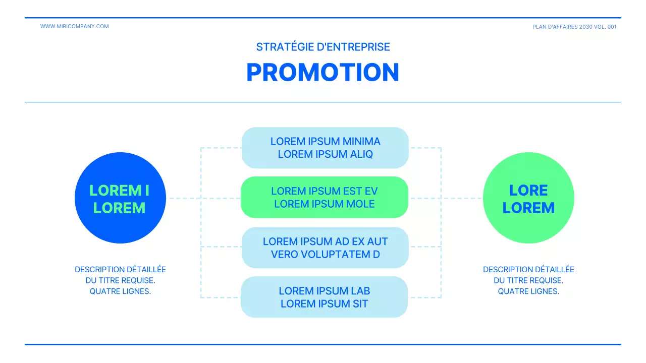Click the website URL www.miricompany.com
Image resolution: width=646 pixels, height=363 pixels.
tap(74, 26)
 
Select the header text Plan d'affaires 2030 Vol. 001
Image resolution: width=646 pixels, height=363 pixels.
tap(574, 27)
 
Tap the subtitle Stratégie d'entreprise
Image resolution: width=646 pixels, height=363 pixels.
tap(323, 47)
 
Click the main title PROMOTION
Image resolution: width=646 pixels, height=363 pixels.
tap(323, 73)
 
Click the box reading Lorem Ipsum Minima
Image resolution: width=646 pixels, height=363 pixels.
tap(325, 148)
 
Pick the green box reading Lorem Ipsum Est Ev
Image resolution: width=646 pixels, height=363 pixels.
tap(324, 197)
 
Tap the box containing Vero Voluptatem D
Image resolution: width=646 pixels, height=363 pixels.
tap(325, 248)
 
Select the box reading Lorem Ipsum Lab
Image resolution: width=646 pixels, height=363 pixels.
tap(324, 297)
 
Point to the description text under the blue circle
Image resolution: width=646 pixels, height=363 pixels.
tap(120, 280)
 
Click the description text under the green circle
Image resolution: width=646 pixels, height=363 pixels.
tap(528, 280)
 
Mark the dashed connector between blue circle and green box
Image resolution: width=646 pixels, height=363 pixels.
tap(184, 198)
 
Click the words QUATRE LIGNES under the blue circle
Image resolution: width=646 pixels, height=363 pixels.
tap(120, 291)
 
